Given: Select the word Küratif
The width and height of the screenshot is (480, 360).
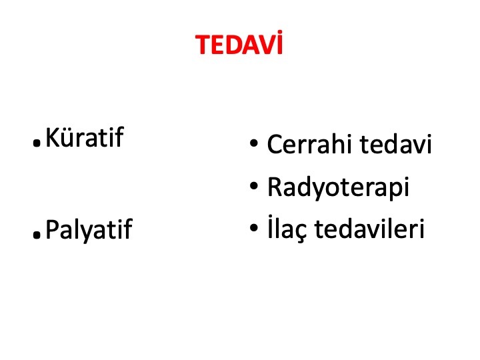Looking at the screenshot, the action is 85,137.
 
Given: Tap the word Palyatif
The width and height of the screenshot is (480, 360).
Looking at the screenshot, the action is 89,229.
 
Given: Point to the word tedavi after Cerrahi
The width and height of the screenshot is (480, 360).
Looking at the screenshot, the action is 396,143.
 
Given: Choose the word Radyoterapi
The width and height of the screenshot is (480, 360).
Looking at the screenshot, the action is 338,187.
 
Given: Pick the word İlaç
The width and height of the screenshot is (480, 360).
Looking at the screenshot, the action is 287,228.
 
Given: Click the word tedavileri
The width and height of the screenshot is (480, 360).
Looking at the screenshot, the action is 369,228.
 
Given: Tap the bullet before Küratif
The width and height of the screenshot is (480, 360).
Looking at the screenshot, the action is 37,143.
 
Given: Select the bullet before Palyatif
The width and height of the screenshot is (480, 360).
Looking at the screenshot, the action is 37,235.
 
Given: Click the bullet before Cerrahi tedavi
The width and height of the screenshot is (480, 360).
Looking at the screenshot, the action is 254,143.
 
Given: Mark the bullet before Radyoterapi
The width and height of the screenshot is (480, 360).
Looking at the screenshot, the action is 254,185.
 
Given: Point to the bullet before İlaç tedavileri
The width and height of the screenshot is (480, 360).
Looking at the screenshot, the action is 254,227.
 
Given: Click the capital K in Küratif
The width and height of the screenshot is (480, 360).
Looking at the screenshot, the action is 53,138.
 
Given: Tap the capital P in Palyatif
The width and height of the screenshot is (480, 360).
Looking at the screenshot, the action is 52,229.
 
